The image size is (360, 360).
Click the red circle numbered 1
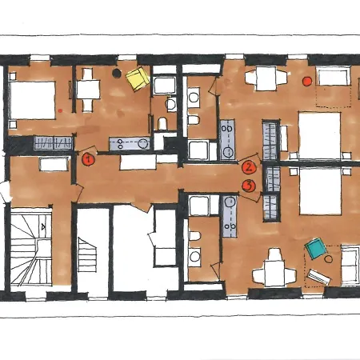[x=88, y=159]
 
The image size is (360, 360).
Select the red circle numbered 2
[x=249, y=168]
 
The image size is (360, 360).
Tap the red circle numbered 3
[x=249, y=186]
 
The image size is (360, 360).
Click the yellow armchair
[x=138, y=79]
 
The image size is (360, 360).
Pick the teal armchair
[x=316, y=249]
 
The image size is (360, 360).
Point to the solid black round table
[x=117, y=73]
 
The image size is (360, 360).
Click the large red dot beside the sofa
[x=307, y=81]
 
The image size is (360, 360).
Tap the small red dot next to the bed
[x=60, y=110]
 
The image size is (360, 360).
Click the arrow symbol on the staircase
[x=43, y=227]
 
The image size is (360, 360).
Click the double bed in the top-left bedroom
[x=32, y=100]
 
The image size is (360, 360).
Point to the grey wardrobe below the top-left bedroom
[x=54, y=143]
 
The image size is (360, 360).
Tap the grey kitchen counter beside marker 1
[x=130, y=144]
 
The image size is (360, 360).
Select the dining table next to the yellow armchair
[x=88, y=90]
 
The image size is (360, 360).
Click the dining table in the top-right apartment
[x=266, y=78]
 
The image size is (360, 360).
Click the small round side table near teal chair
[x=329, y=258]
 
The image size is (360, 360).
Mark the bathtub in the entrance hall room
[x=54, y=164]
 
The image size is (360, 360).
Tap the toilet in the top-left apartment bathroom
[x=162, y=123]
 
